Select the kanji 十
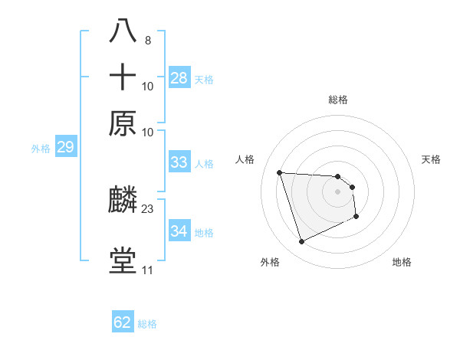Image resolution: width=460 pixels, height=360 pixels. (123, 78)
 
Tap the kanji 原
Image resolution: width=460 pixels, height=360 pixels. (123, 123)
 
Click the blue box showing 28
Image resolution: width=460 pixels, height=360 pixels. (179, 77)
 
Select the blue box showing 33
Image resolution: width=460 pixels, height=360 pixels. (179, 162)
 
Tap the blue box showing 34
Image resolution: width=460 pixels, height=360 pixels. (179, 231)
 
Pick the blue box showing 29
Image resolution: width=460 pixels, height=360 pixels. (65, 147)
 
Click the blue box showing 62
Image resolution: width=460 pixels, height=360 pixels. (123, 322)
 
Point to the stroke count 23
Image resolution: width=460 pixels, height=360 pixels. (148, 208)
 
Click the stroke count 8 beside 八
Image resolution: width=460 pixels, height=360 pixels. (147, 40)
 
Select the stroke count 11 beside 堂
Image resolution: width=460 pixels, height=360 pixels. (147, 270)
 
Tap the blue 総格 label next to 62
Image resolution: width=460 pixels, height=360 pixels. (147, 324)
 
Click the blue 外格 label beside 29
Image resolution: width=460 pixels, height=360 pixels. (40, 149)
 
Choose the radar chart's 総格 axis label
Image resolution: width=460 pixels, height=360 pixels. (338, 100)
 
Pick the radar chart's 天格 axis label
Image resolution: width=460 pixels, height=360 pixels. (431, 159)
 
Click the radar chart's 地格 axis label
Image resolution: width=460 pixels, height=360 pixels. (402, 262)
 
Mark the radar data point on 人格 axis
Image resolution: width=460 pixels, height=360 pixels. (280, 172)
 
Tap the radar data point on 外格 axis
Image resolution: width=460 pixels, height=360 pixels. (301, 242)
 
